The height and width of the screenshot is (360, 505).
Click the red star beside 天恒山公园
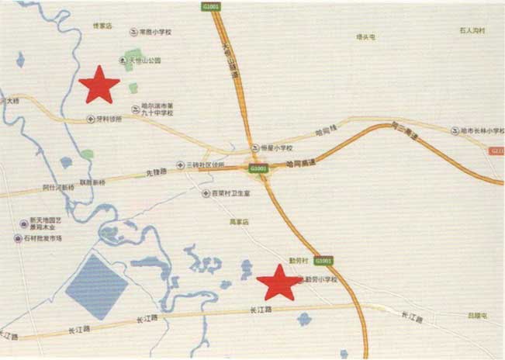99,85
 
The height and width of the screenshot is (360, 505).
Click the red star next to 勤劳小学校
278,283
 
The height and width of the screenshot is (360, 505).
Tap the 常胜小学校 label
155,33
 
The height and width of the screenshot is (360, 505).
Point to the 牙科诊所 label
108,119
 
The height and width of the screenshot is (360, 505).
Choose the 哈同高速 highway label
299,164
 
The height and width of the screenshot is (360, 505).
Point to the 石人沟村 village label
471,31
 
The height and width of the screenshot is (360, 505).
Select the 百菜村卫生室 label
231,193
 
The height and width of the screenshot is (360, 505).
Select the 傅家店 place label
103,26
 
